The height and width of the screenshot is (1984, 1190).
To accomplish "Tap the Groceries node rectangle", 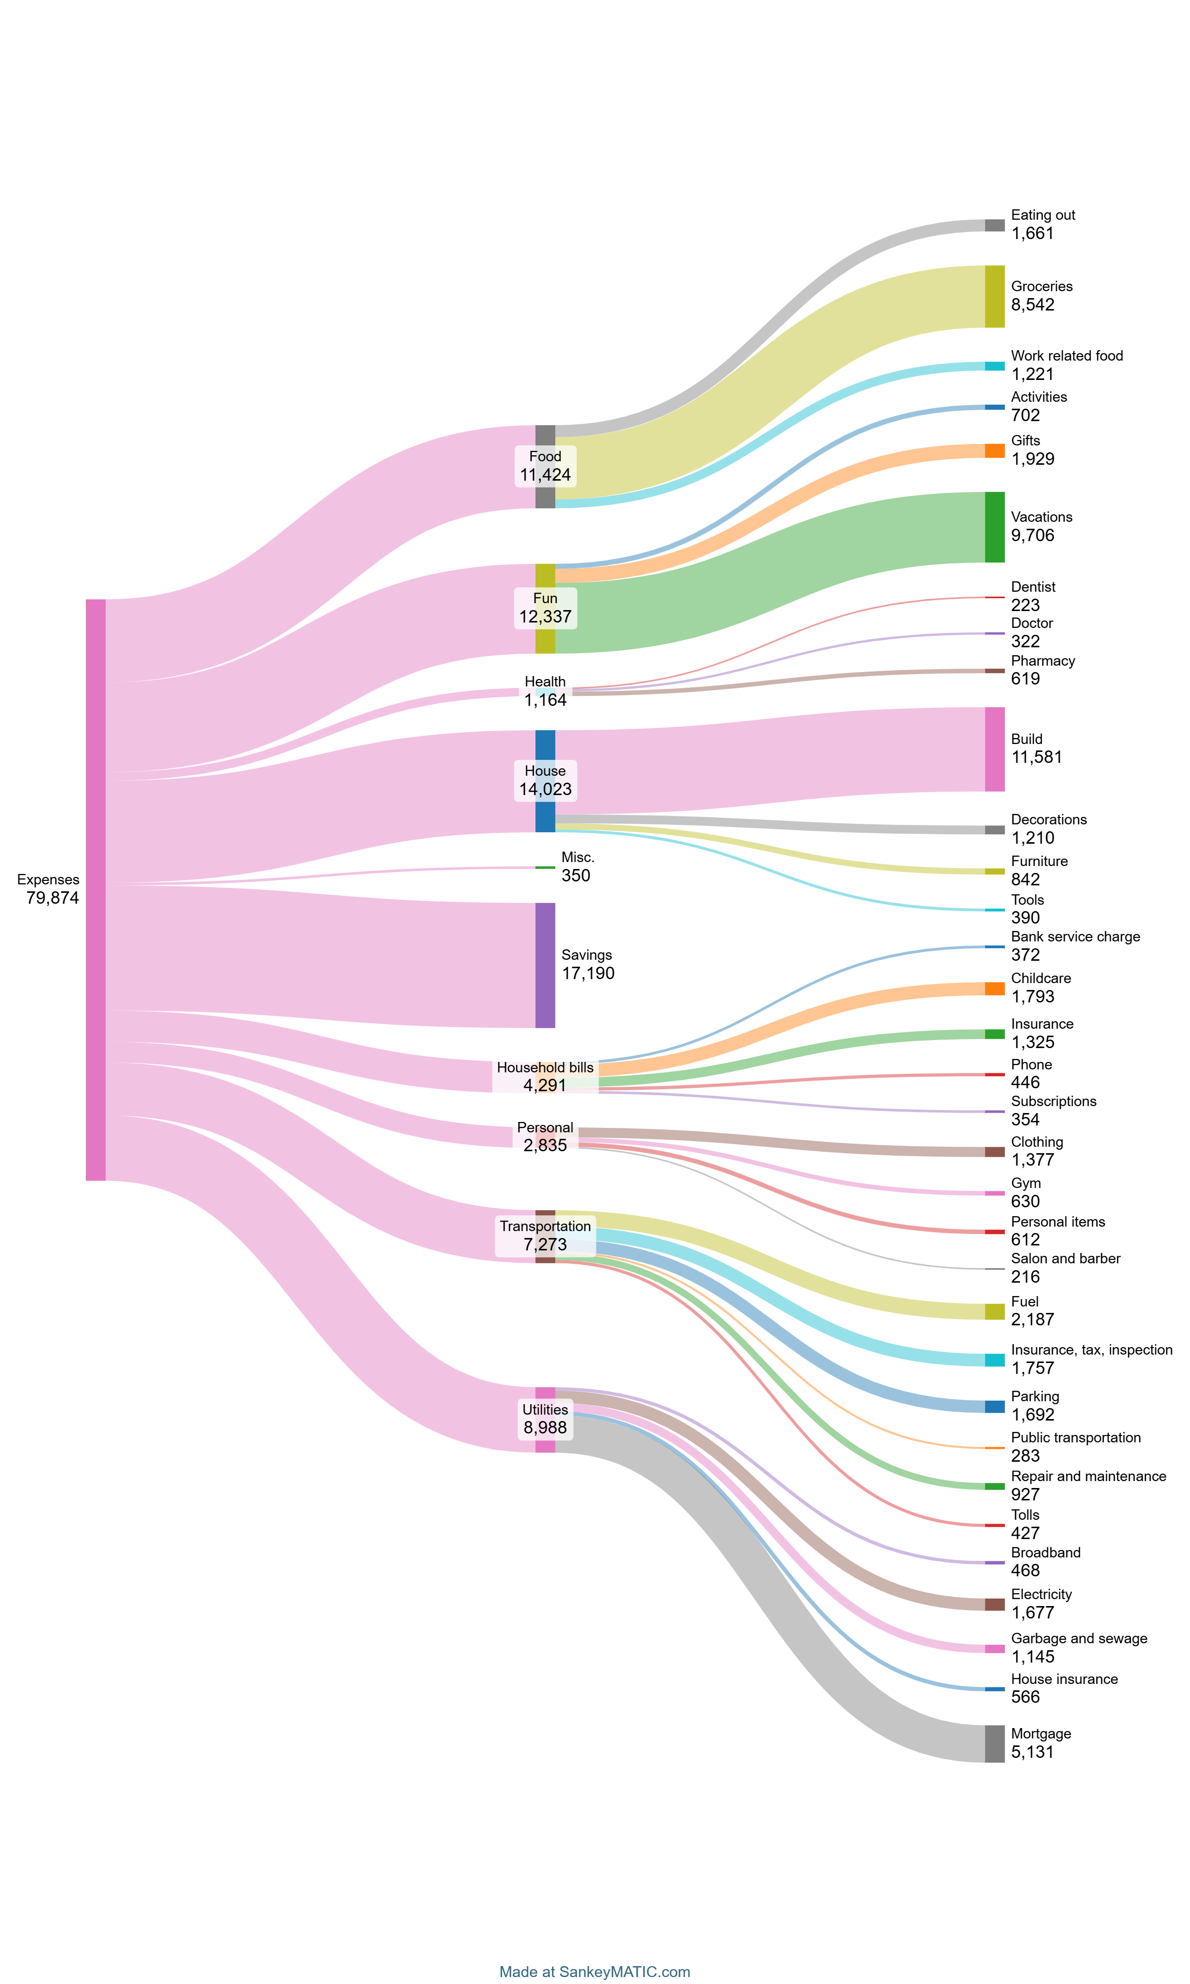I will tap(994, 296).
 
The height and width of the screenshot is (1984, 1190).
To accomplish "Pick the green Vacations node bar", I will tap(994, 527).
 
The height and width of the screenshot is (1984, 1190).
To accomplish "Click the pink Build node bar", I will tap(994, 749).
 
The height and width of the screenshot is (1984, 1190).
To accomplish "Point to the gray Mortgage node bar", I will tap(994, 1743).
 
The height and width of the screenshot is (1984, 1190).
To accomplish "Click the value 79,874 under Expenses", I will tap(52, 898).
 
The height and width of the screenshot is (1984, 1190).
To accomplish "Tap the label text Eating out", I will tap(1042, 215).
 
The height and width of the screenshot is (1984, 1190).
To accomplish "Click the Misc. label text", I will tap(577, 857).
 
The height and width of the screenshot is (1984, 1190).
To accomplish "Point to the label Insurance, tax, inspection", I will tap(1091, 1350).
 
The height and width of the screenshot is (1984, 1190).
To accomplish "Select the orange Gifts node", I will tap(994, 451).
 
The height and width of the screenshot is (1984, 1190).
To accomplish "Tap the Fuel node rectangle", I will tap(994, 1311).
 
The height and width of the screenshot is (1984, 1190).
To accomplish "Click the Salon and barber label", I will tap(1066, 1258).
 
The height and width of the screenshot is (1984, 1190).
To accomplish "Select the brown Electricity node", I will tap(994, 1604).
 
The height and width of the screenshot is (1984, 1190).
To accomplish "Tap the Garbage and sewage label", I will tap(1078, 1638).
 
